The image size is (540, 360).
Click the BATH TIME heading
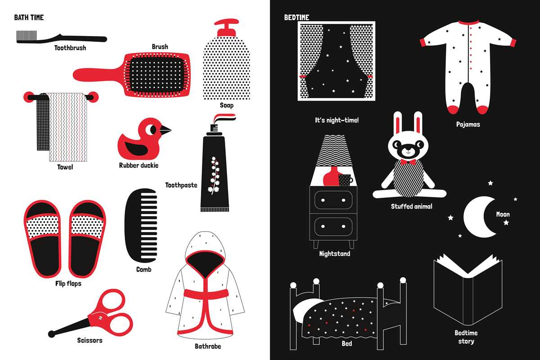coord(29,17)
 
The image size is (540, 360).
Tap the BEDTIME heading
coord(296,17)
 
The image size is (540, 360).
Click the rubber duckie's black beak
coord(165,130)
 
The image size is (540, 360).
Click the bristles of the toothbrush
coord(27,36)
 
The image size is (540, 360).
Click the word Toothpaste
coord(181,185)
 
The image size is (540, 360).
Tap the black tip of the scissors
coord(52,334)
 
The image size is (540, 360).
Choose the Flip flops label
coord(68,283)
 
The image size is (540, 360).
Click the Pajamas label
coord(467,124)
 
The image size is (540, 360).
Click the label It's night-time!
coord(337,120)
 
